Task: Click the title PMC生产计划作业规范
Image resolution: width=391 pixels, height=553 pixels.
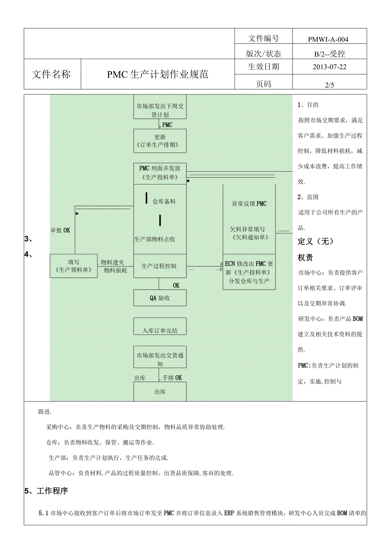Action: point(157,74)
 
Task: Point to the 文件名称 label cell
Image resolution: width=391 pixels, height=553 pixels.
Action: point(51,74)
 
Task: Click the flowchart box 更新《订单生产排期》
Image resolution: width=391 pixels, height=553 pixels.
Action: point(160,141)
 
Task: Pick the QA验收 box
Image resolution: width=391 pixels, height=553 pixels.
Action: point(160,298)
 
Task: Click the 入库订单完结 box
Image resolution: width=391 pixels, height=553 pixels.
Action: point(160,330)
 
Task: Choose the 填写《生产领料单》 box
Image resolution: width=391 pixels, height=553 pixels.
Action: point(74,266)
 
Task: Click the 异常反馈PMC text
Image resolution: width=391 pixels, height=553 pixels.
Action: point(249,204)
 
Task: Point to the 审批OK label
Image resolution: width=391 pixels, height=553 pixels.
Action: point(60,230)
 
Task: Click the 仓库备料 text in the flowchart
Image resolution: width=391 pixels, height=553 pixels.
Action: point(164,201)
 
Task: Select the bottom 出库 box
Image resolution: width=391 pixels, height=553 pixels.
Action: point(160,391)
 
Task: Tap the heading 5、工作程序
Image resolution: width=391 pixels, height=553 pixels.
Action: point(46,491)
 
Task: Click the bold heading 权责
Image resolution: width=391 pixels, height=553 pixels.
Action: point(306,258)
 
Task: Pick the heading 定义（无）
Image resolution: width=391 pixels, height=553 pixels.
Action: point(315,241)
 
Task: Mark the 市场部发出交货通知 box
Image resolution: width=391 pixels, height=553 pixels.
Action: point(160,359)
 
